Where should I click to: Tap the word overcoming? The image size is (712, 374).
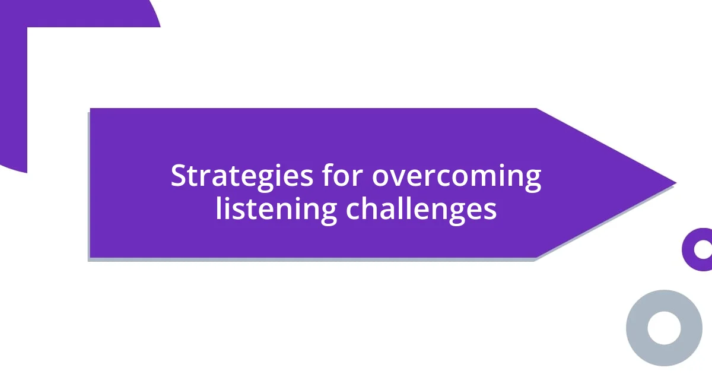[456, 177]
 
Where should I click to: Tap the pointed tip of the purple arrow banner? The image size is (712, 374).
[674, 183]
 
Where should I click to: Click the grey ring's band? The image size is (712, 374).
[634, 328]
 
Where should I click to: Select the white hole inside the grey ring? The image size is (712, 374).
[664, 328]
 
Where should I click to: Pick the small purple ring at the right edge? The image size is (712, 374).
[688, 249]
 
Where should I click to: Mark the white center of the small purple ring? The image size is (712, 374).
[703, 249]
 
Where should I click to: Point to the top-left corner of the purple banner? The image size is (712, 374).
[91, 109]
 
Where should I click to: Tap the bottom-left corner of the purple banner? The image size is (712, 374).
[91, 256]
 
